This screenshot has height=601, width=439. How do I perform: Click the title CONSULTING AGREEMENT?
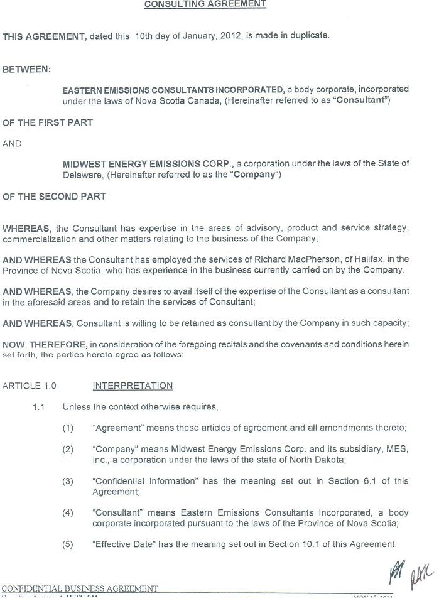[205, 4]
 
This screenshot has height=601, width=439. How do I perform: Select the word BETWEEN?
[27, 69]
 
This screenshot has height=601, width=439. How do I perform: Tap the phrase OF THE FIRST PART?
[48, 122]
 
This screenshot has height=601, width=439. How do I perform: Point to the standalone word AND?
[12, 144]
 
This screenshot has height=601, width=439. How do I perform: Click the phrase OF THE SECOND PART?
[54, 197]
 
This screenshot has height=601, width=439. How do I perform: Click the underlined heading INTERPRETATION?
[133, 386]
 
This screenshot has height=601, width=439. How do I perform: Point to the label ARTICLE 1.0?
[30, 386]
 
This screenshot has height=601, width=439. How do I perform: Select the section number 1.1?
[39, 407]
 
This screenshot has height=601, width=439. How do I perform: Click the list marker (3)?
[68, 481]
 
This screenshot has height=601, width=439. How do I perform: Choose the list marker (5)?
[68, 544]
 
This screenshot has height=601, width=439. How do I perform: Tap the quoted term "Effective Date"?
[124, 544]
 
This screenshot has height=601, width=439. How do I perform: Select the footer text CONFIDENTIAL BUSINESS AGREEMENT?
[80, 588]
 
